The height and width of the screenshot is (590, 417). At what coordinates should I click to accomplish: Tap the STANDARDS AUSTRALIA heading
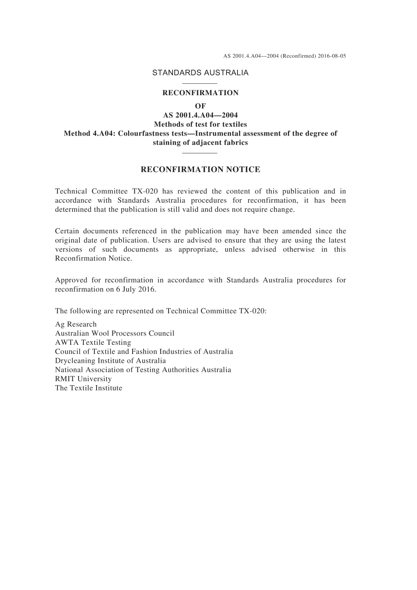tap(200, 73)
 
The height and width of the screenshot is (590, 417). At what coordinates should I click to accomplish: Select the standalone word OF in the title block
tap(200, 106)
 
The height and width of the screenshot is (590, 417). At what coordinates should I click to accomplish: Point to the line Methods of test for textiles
tap(200, 124)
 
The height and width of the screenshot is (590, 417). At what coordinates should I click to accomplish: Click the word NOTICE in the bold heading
tap(243, 169)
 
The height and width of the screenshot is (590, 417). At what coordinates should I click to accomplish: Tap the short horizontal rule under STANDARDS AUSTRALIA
tap(200, 83)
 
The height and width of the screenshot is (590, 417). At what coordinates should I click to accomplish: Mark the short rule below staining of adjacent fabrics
tap(200, 153)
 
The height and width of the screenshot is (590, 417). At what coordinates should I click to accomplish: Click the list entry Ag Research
tap(75, 324)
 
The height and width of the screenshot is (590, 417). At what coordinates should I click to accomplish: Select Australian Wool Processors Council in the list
tap(115, 333)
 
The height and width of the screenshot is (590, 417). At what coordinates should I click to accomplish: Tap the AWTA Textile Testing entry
tap(93, 343)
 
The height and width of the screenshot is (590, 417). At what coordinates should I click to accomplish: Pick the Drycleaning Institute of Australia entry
tap(111, 361)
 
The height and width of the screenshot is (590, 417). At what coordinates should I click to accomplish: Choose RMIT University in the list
tap(83, 379)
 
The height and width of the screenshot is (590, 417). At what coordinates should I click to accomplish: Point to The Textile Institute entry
tap(89, 388)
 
